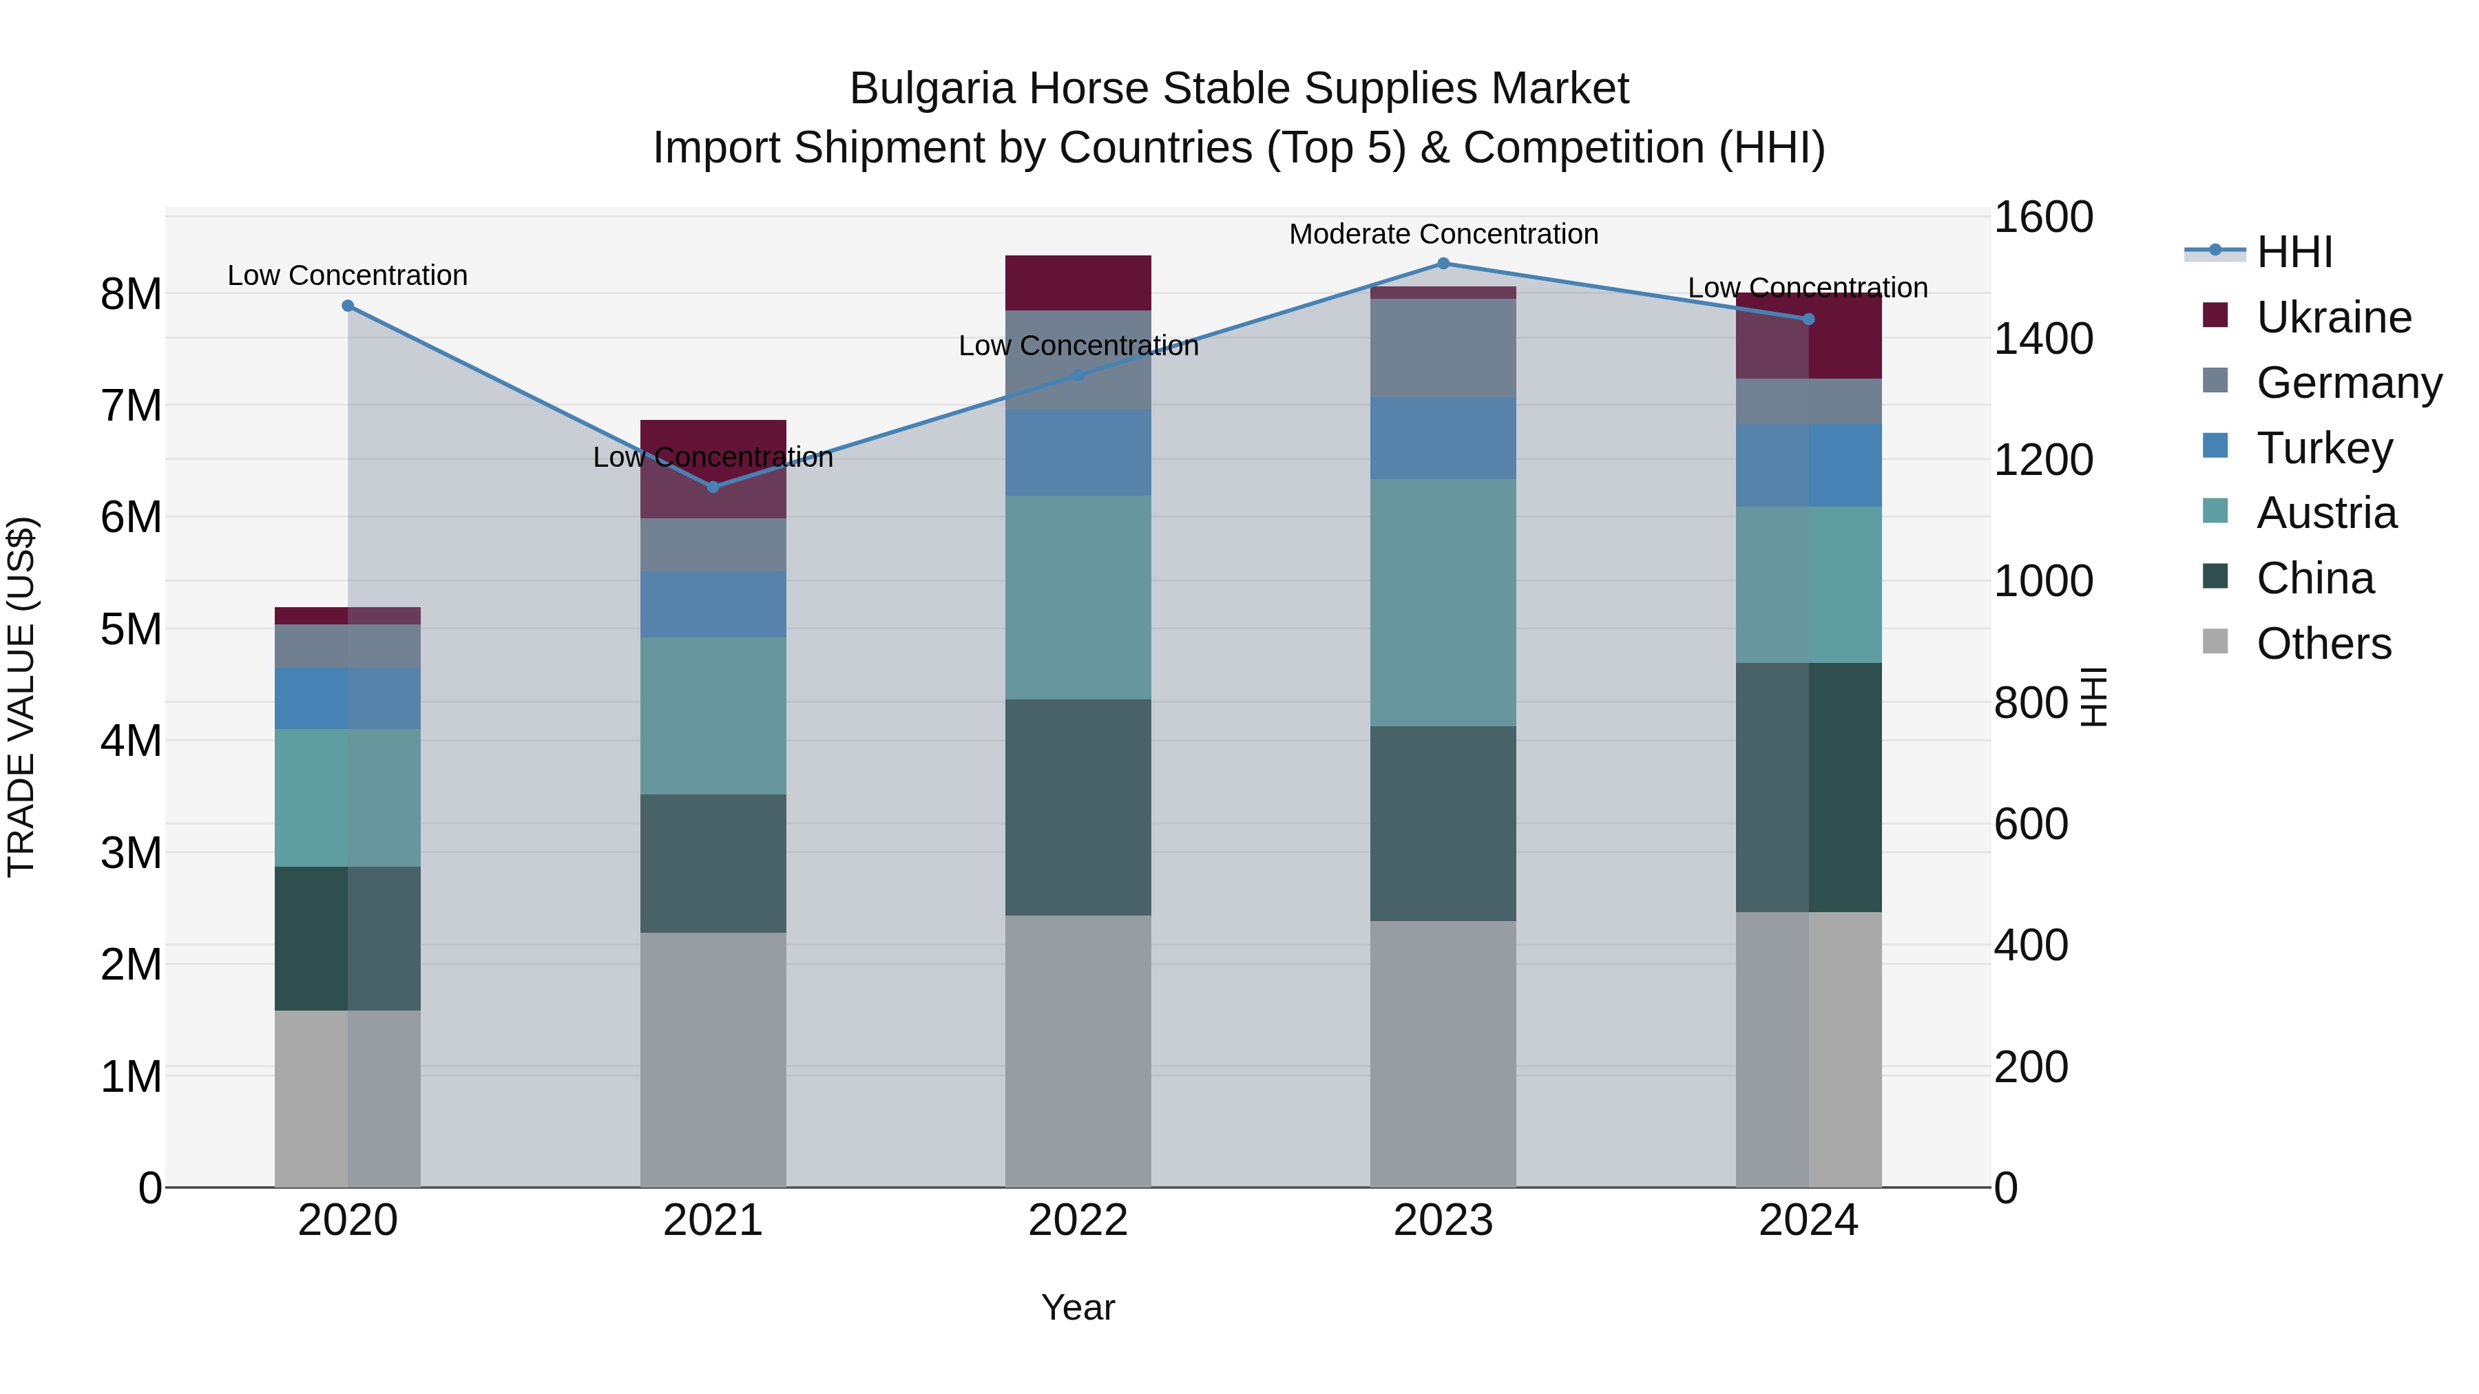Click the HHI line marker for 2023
[1443, 264]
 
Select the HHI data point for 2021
[713, 487]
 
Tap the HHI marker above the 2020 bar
[348, 306]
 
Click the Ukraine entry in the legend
[2333, 317]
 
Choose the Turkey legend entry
[2323, 448]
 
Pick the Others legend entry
[2323, 644]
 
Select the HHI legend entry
[2294, 252]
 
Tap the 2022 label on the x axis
[1078, 1221]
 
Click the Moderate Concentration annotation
[1443, 234]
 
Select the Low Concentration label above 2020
[348, 275]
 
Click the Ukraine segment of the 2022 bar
[1078, 283]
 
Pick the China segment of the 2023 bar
[1443, 823]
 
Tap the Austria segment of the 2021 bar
[713, 716]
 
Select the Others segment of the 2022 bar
[1078, 1050]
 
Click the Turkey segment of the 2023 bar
[1443, 438]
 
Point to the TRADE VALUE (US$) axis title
[21, 697]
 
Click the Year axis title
[1078, 1307]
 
